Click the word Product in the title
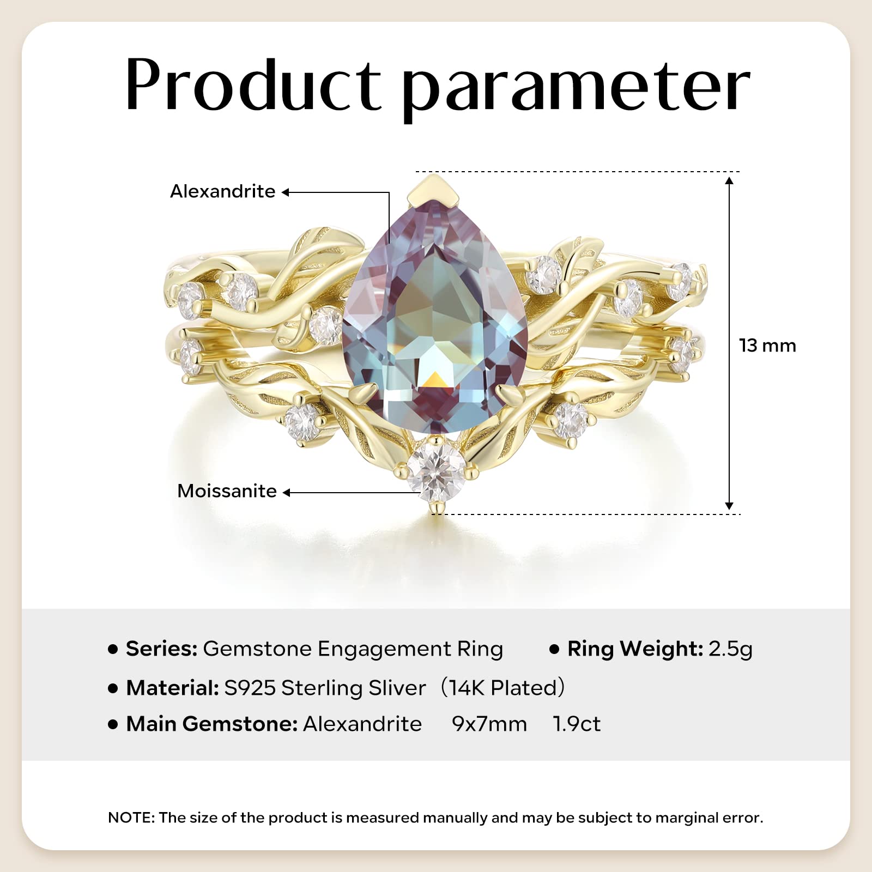253,84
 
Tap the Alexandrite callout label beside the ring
222,191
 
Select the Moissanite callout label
227,491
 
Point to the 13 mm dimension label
767,346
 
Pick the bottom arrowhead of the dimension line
730,505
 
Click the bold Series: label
161,649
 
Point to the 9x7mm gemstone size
489,724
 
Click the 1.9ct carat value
577,724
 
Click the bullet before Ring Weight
554,649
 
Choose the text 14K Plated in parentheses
501,688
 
